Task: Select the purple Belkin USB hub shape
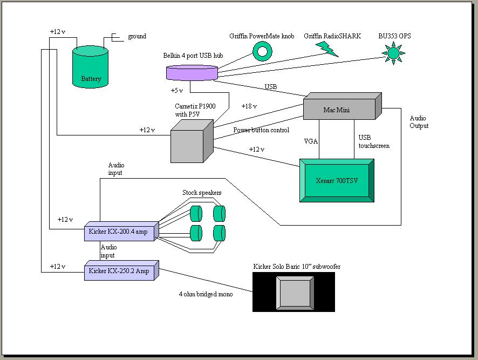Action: tap(192, 72)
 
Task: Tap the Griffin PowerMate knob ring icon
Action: tap(263, 51)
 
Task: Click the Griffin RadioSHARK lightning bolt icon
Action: tap(327, 49)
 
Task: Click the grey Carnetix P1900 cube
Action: tap(189, 141)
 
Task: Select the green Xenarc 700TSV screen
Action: tap(337, 180)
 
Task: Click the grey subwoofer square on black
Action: tap(293, 292)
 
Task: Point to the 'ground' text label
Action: tap(137, 37)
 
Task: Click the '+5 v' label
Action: tap(176, 91)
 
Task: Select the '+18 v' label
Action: tap(249, 106)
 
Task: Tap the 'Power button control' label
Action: tap(261, 130)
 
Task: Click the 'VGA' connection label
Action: tap(311, 141)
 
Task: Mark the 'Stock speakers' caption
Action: tap(202, 193)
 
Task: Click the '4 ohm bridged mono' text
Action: tap(206, 294)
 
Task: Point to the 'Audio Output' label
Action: tap(419, 122)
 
